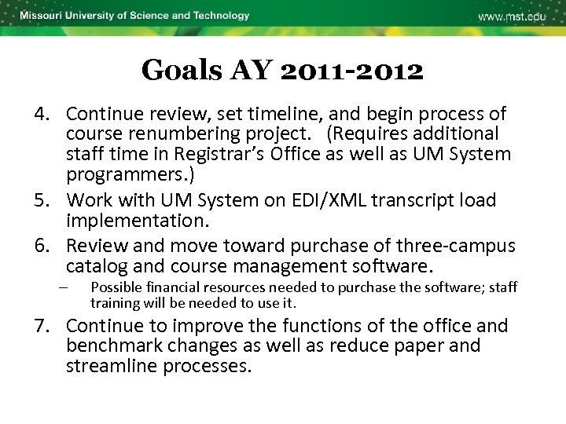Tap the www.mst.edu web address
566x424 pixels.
pos(511,16)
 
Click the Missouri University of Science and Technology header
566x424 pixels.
pos(134,16)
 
